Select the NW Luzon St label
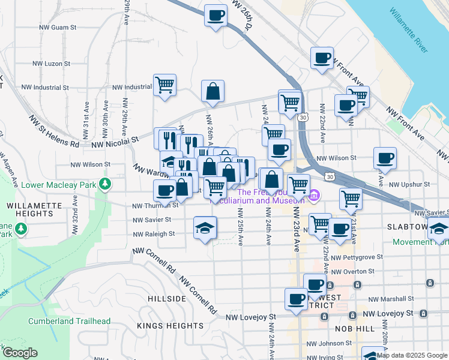tap(51, 63)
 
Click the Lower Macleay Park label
tap(59, 184)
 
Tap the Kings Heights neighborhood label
tap(171, 325)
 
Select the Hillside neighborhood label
tap(167, 298)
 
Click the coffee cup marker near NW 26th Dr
tap(215, 16)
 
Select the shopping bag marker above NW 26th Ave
tap(212, 92)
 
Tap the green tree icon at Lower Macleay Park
tap(106, 183)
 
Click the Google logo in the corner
tap(19, 353)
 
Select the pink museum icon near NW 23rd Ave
tap(314, 196)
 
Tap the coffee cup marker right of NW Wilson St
tap(385, 159)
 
